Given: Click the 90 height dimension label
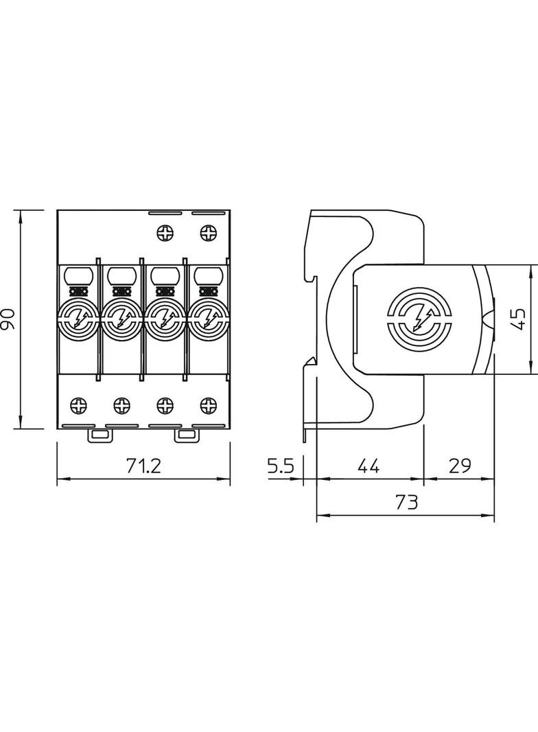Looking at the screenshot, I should tap(8, 320).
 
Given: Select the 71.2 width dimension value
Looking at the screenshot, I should tap(143, 466).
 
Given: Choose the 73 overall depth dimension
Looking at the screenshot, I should tap(406, 503).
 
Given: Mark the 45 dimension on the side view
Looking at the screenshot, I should tap(520, 319).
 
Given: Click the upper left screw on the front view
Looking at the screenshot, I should tap(165, 233).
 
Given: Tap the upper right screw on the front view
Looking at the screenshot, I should tap(207, 233).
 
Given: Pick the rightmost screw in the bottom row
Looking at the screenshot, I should tap(207, 405).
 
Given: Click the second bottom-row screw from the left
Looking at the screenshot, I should tap(122, 405).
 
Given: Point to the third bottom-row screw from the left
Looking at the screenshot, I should tap(165, 405).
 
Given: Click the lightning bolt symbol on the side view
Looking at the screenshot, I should tap(419, 319).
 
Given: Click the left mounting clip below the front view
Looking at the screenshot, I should tap(99, 435).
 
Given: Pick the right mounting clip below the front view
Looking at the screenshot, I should tap(186, 435).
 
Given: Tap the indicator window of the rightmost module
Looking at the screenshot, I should tap(207, 276).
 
